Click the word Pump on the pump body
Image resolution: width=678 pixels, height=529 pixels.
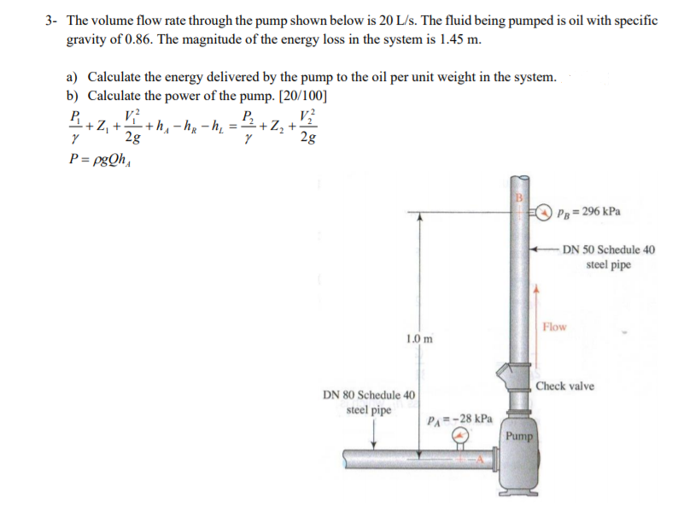pos(518,436)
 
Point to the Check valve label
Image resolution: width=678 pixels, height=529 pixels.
pos(565,386)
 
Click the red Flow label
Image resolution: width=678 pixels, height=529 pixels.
pos(554,326)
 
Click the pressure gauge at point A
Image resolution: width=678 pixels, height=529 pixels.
pos(461,436)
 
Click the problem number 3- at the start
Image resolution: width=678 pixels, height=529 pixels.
pos(51,21)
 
